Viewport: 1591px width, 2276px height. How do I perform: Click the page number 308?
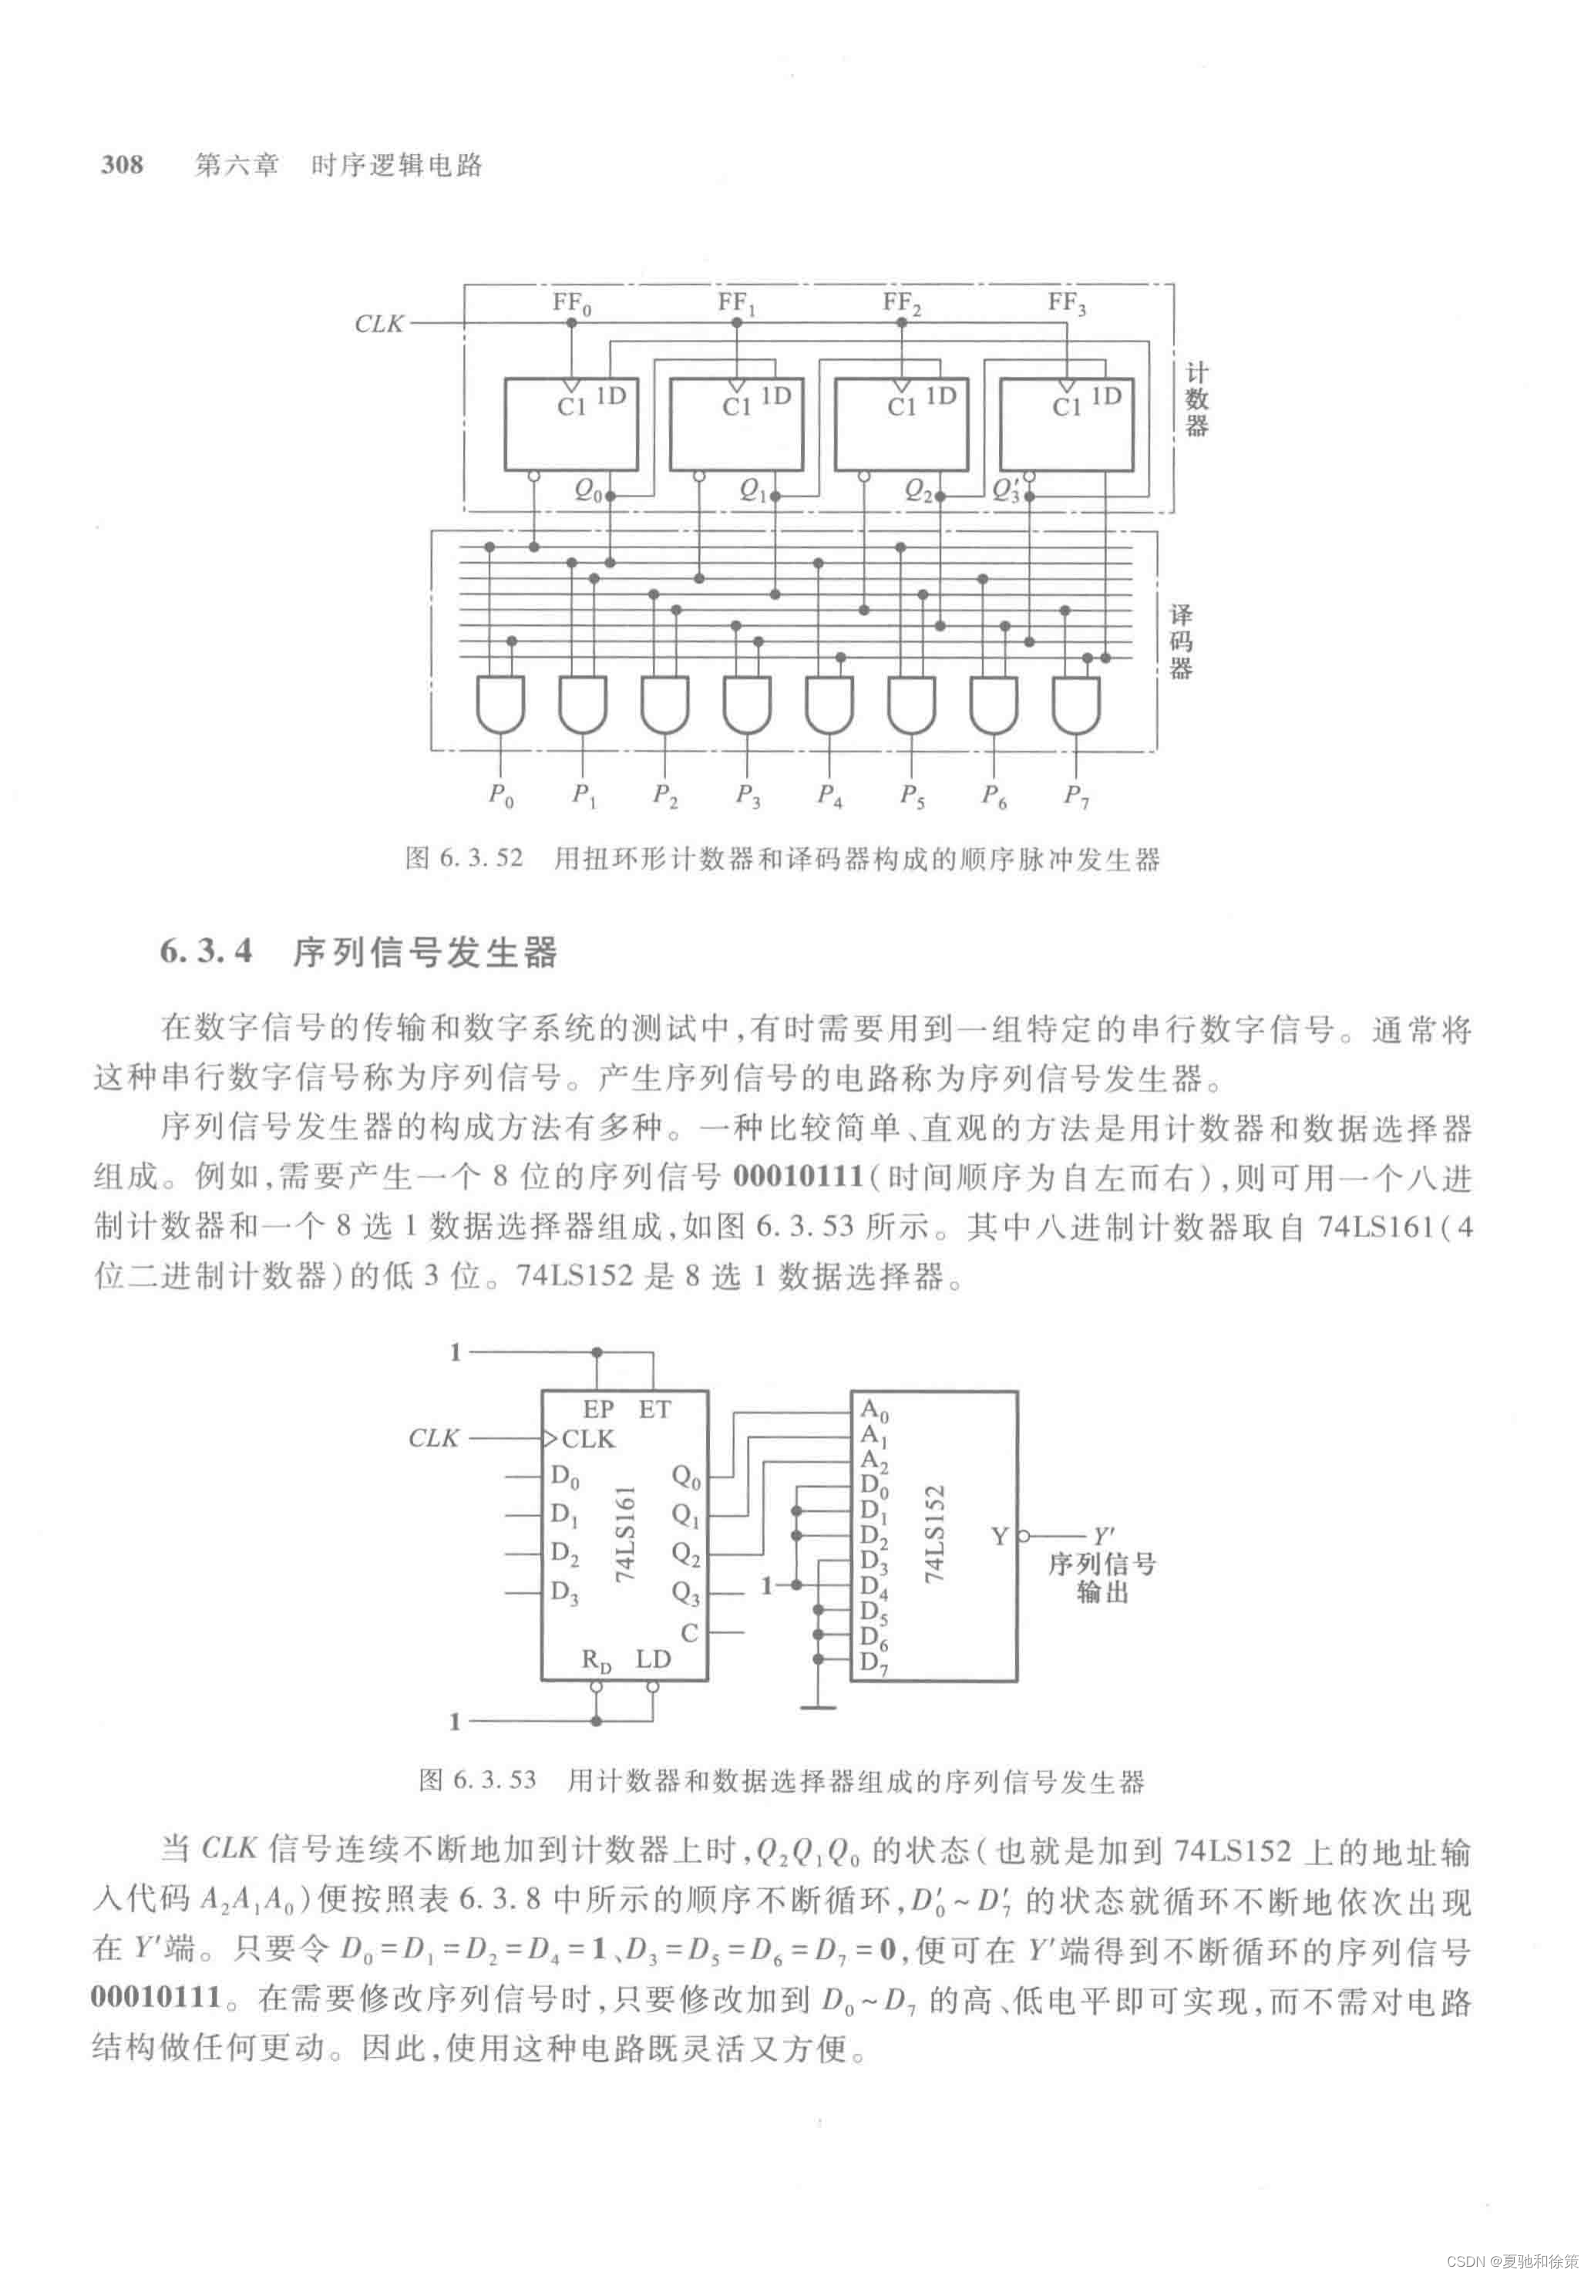pyautogui.click(x=122, y=165)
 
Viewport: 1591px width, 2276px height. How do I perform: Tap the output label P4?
pyautogui.click(x=829, y=795)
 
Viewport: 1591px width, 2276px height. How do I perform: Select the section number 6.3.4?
pyautogui.click(x=206, y=952)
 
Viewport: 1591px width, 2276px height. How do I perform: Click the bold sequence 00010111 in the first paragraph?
pyautogui.click(x=798, y=1177)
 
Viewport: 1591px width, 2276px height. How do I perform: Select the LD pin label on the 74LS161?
pyautogui.click(x=653, y=1659)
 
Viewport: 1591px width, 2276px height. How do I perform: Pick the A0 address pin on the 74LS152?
pyautogui.click(x=874, y=1410)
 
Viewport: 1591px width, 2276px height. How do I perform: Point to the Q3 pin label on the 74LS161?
pyautogui.click(x=686, y=1593)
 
